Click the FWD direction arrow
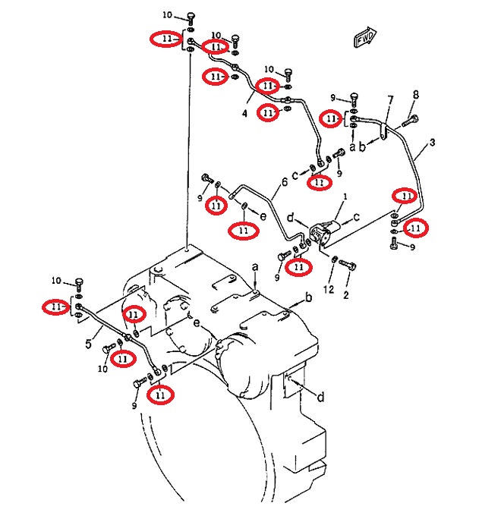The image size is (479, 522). [365, 37]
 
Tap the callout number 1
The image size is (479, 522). [345, 197]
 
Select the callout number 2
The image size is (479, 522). [345, 294]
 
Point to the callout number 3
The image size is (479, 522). [432, 143]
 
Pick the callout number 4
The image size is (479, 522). [245, 114]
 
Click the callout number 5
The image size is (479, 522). [88, 343]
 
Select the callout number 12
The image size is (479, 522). [329, 289]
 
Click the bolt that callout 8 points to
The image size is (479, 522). [410, 121]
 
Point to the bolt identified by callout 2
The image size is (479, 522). [348, 265]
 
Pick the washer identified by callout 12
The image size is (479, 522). [335, 259]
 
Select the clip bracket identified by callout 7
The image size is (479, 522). [384, 131]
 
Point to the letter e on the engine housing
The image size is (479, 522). [197, 322]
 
